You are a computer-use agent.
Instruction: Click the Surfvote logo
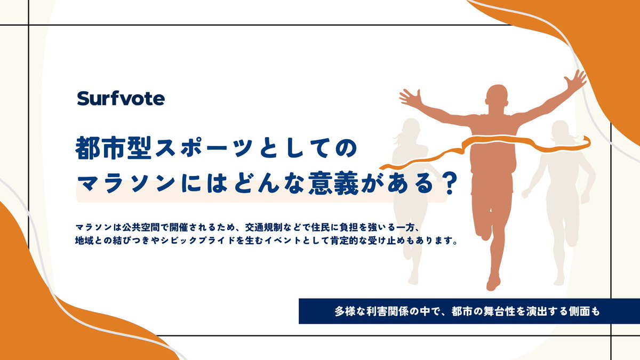[121, 98]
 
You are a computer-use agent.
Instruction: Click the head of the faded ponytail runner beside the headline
[409, 129]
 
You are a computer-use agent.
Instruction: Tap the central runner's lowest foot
[493, 282]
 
